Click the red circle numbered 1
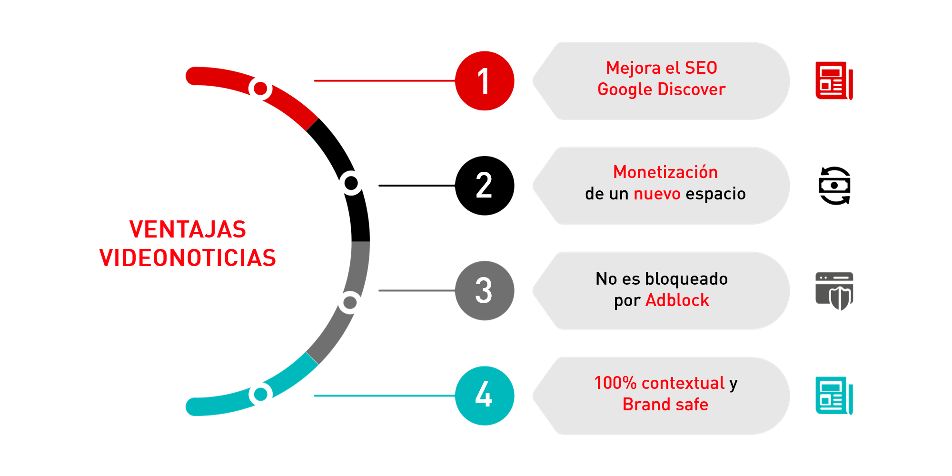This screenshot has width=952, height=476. click(484, 81)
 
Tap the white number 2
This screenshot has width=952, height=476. click(484, 186)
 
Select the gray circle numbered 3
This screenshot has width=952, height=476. click(484, 290)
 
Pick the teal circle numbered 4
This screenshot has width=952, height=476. click(484, 395)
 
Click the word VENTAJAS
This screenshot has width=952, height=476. click(188, 229)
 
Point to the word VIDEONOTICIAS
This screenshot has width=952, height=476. click(188, 258)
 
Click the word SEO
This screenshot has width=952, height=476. click(701, 68)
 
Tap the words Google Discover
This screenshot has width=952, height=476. click(661, 89)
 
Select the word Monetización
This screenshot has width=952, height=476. click(665, 172)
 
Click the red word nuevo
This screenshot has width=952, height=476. click(657, 194)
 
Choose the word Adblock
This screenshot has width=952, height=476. click(677, 300)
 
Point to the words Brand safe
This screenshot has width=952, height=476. click(665, 405)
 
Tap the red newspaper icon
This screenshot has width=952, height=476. click(833, 80)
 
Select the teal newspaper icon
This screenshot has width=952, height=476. click(833, 395)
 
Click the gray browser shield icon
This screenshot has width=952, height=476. click(834, 290)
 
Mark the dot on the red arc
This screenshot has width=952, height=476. click(260, 89)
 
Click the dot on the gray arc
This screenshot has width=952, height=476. click(350, 302)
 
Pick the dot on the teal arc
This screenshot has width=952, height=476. click(260, 394)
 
